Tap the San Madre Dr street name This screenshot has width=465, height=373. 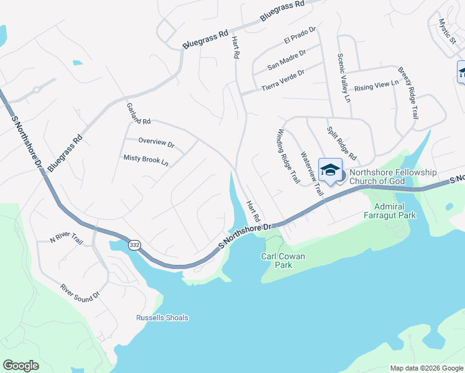[x=287, y=58]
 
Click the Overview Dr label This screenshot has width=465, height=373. [x=156, y=142]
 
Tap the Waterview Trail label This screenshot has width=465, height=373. [x=312, y=174]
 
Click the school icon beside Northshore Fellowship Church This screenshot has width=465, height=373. [x=330, y=170]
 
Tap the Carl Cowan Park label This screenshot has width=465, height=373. [x=284, y=260]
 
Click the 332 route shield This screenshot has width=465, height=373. [x=134, y=245]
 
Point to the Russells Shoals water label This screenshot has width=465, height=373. [x=162, y=318]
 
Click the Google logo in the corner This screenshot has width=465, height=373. [x=21, y=366]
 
